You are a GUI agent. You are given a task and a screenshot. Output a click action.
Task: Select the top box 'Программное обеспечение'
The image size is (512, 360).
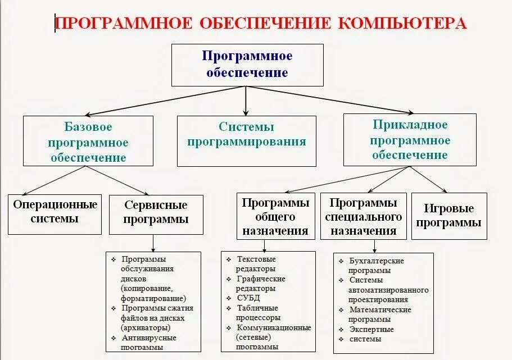(x=247, y=65)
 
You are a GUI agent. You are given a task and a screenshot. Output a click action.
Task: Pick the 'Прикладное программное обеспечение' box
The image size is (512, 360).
(x=410, y=140)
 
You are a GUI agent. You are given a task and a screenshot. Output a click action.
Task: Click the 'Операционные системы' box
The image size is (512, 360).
(x=55, y=212)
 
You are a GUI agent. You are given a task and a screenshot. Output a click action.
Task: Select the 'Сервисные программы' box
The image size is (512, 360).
(x=156, y=212)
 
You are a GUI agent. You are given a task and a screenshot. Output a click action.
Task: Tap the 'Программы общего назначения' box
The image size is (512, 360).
(x=275, y=216)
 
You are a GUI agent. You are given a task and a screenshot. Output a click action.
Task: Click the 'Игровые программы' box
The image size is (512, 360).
(x=449, y=216)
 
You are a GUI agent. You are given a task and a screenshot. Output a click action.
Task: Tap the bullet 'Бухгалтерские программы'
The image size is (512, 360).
(x=377, y=266)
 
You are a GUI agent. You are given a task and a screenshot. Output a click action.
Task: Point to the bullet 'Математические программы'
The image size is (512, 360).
(x=380, y=315)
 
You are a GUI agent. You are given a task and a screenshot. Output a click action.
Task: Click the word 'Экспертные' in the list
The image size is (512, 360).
(x=371, y=329)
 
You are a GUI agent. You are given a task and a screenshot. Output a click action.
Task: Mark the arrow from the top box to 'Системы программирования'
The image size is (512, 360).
(x=246, y=101)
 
